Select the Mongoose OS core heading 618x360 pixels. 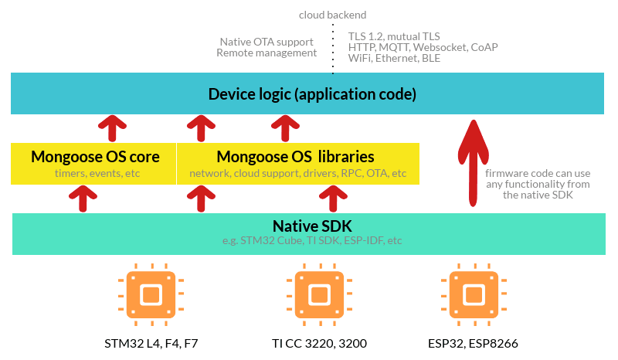pos(95,157)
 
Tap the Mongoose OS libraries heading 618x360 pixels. pos(296,157)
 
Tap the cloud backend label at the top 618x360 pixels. pos(333,15)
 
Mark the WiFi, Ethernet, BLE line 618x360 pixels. pos(394,58)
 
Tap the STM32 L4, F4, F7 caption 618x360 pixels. pos(152,342)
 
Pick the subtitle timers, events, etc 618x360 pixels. pos(95,173)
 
